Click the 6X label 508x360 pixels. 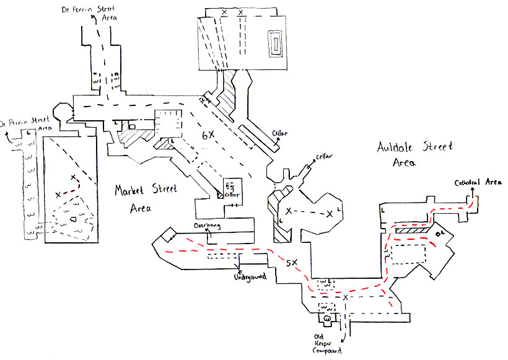(x=208, y=134)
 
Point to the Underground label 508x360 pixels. (x=248, y=276)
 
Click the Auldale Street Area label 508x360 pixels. (x=414, y=154)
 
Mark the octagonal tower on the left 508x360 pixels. (x=63, y=113)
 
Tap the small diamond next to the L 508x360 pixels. (x=437, y=233)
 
